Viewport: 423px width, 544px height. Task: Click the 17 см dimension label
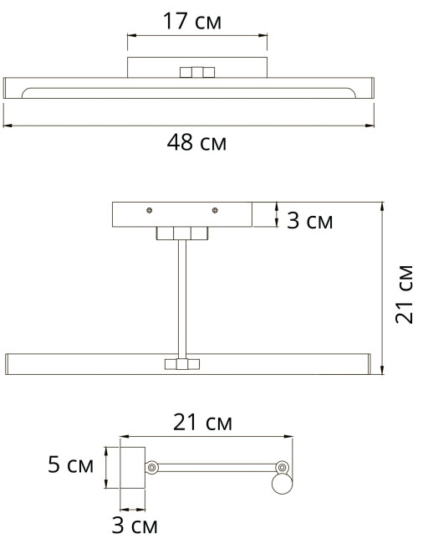click(x=192, y=21)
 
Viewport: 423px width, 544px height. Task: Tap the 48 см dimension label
click(x=196, y=142)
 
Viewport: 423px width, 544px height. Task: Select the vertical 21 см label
click(x=405, y=295)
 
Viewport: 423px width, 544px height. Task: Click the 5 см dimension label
click(x=71, y=464)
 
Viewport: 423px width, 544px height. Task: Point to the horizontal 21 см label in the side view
click(x=202, y=422)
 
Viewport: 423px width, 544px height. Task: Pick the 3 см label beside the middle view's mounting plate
click(x=309, y=220)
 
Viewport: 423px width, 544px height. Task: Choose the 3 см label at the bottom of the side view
click(x=135, y=525)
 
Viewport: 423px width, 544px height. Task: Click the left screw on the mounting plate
click(x=150, y=210)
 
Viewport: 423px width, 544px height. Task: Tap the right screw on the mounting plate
click(x=215, y=210)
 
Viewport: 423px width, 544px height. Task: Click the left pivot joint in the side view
click(x=151, y=468)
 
